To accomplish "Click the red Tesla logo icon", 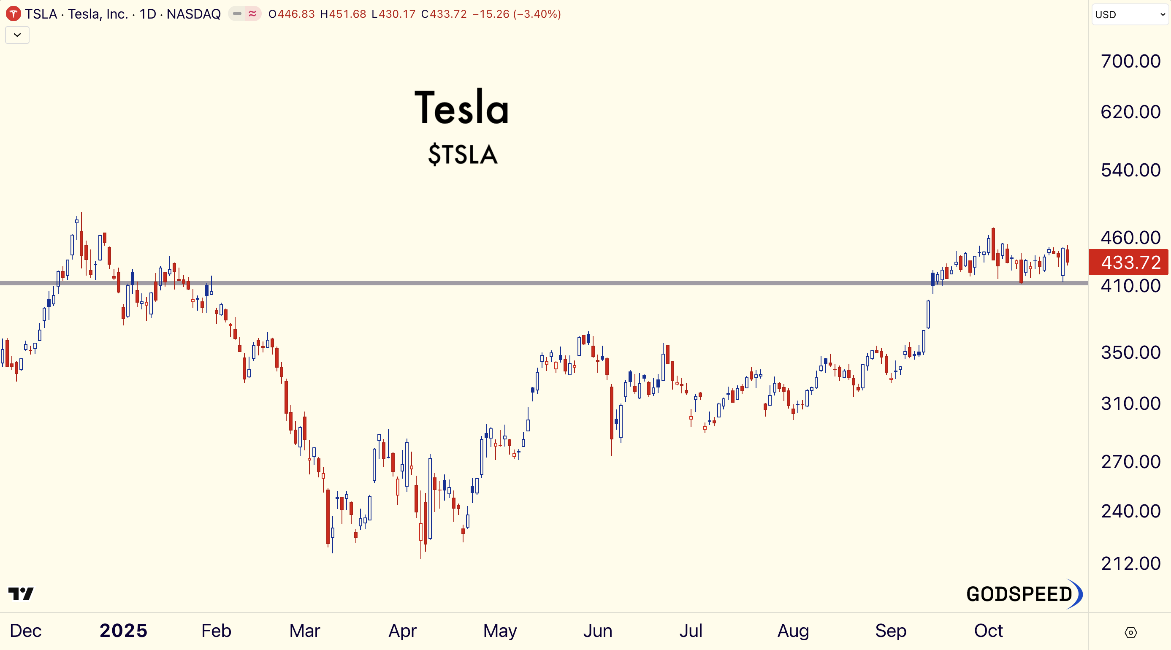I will click(x=13, y=14).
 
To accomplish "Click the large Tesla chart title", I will click(x=462, y=108).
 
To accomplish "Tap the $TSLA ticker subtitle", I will click(x=463, y=154).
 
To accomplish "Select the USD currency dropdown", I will click(x=1130, y=14).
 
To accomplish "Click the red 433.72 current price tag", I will click(x=1129, y=262).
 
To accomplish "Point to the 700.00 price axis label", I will click(x=1130, y=61).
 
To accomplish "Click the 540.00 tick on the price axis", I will click(x=1130, y=170).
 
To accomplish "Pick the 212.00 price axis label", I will click(x=1130, y=563).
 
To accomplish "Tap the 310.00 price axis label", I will click(x=1130, y=403).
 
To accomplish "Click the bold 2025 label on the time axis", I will click(x=124, y=631).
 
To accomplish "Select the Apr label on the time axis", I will click(x=402, y=631).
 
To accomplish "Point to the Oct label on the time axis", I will click(x=988, y=631).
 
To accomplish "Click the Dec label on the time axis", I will click(x=25, y=631).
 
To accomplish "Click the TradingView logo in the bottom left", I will click(x=21, y=593).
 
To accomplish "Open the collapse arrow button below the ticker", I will click(x=17, y=35).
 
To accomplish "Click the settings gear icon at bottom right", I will click(x=1130, y=632).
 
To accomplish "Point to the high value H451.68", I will click(x=343, y=14).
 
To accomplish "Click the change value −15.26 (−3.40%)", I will click(x=516, y=14).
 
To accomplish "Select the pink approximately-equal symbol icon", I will click(x=252, y=14).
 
